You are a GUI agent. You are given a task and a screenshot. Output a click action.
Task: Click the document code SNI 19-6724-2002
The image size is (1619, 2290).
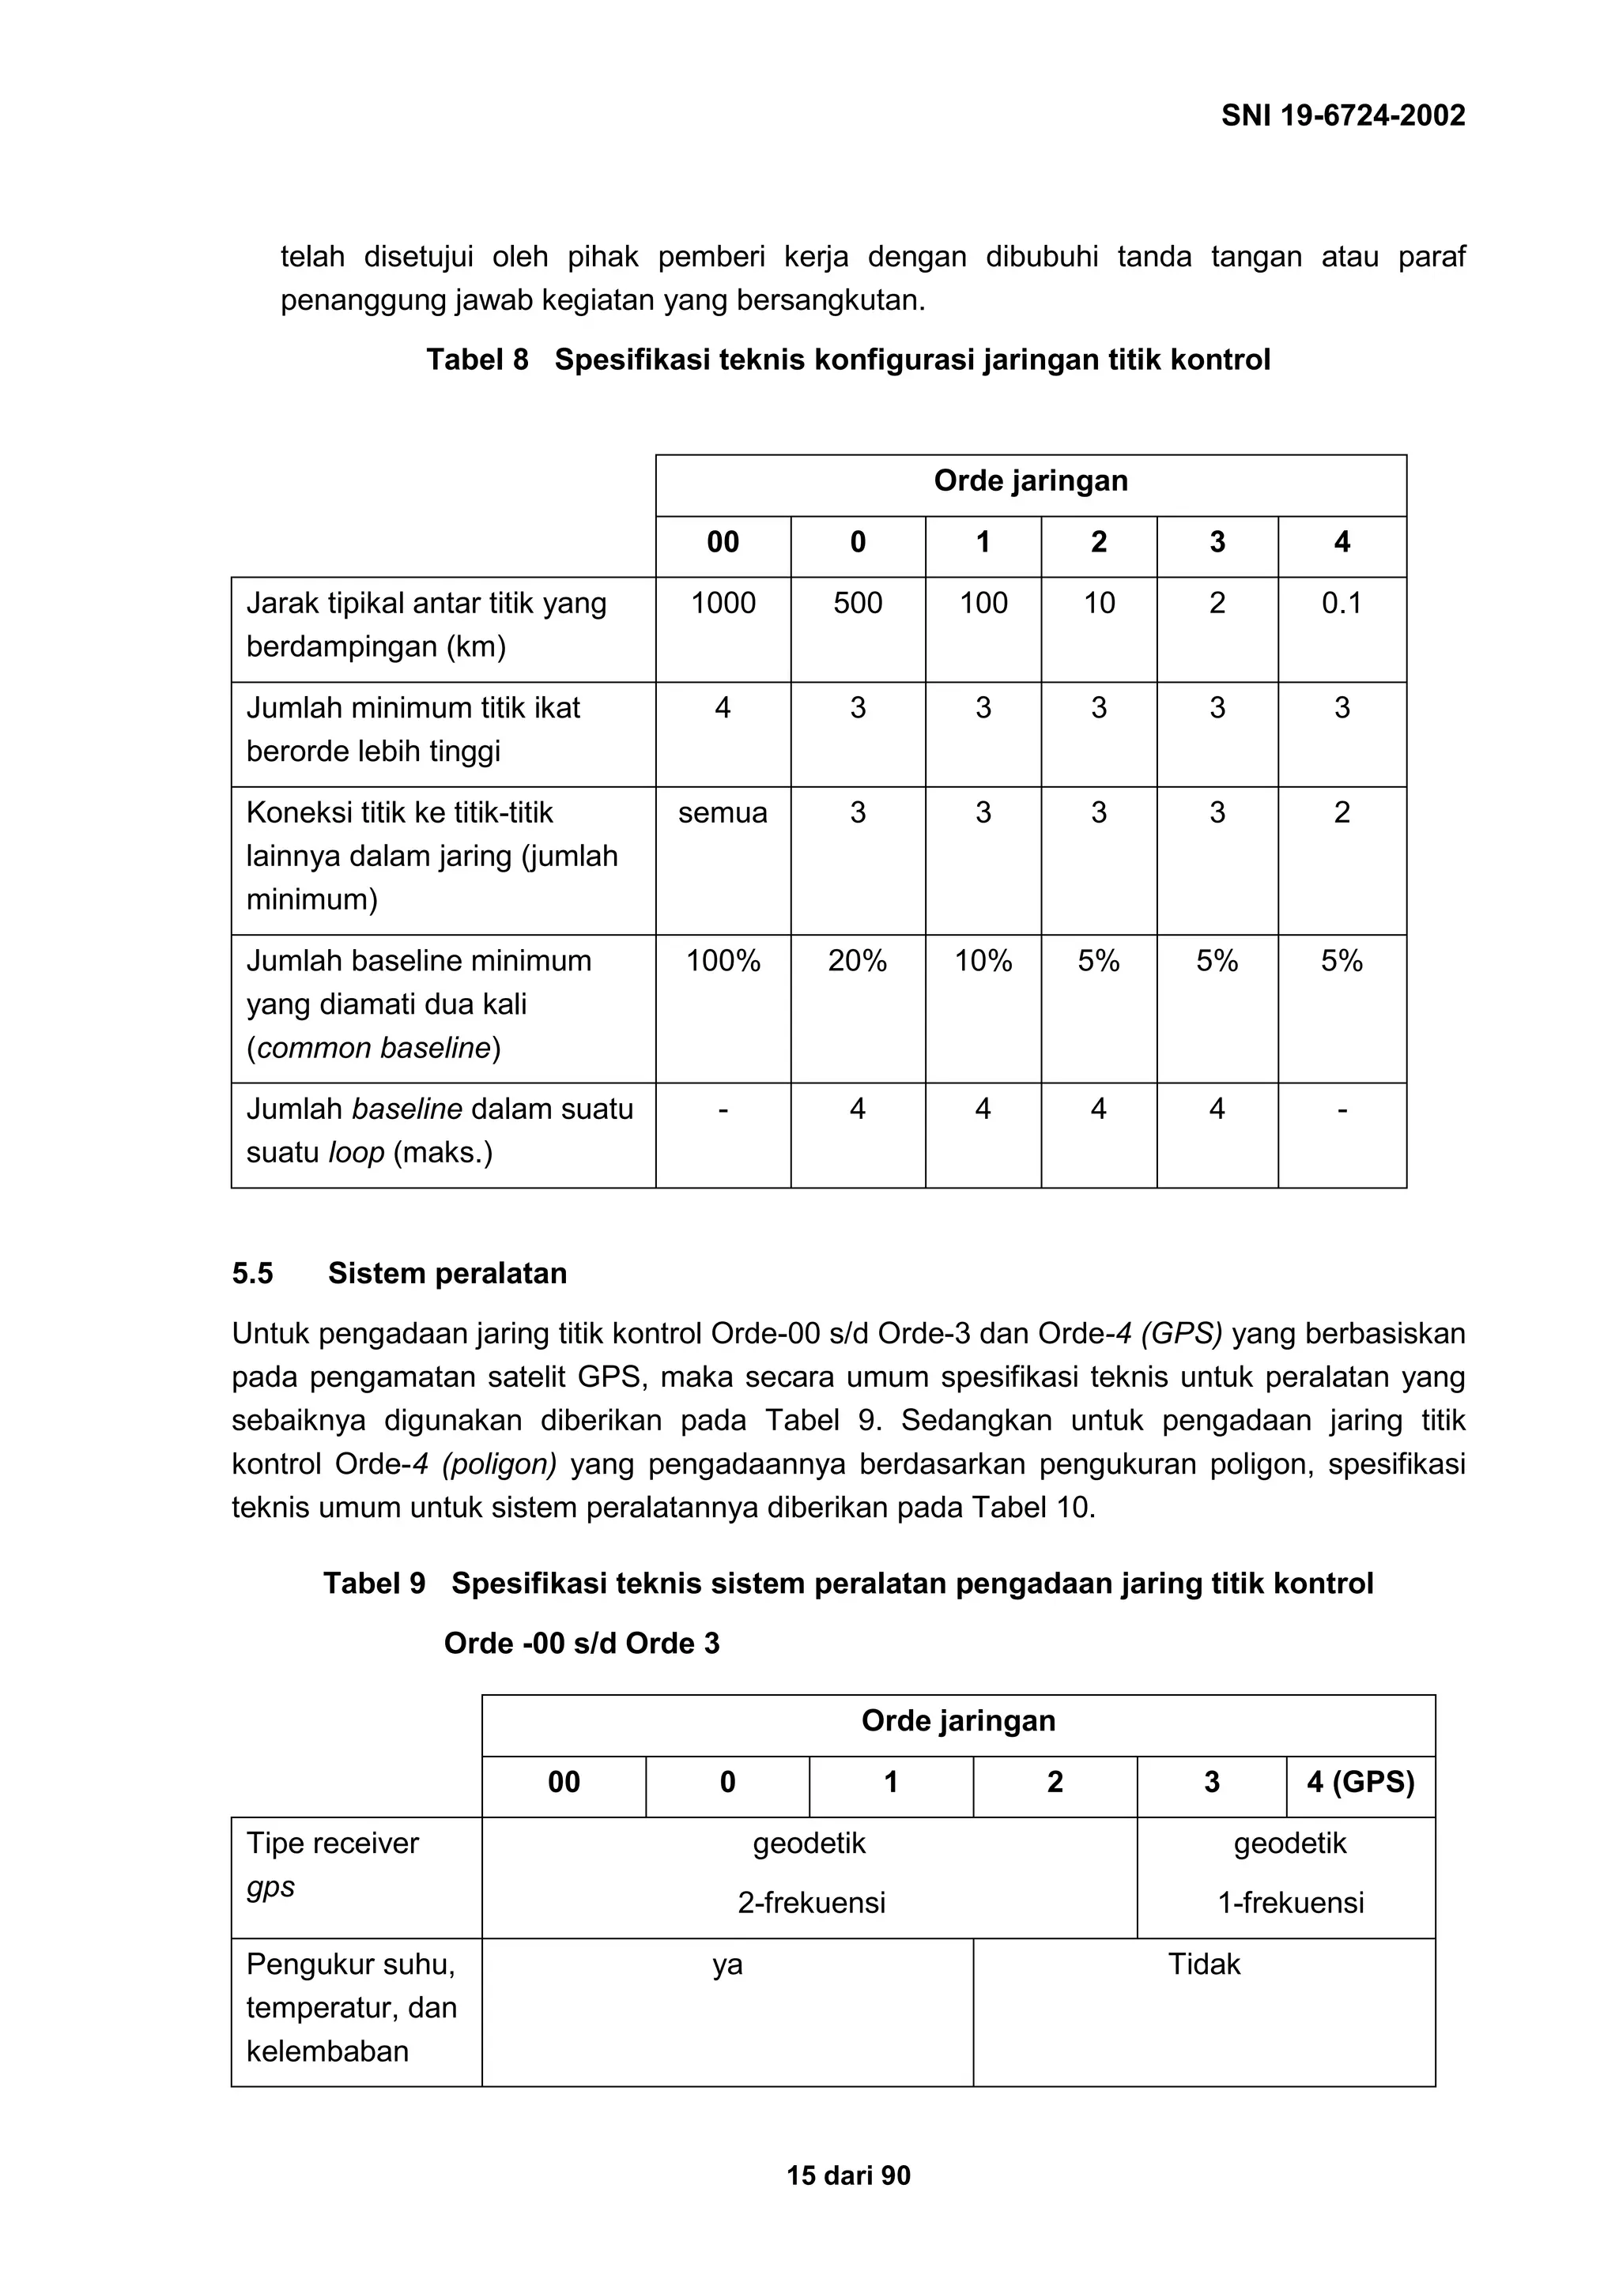point(1342,115)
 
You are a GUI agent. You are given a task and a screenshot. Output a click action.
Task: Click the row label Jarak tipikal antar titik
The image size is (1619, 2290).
point(426,624)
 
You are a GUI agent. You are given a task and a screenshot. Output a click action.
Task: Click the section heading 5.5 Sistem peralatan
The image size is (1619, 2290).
point(399,1273)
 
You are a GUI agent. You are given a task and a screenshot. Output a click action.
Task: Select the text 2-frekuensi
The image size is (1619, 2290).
point(811,1902)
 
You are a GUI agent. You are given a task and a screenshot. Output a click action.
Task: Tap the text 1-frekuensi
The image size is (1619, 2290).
point(1290,1902)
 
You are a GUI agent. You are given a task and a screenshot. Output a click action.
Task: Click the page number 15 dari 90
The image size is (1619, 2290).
point(848,2175)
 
